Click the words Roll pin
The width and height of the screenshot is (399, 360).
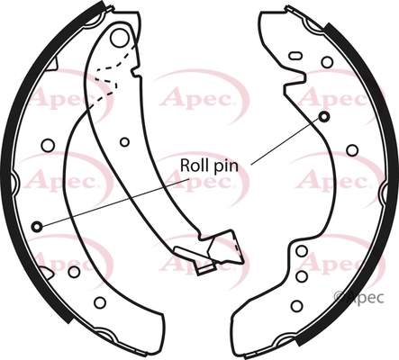(209, 166)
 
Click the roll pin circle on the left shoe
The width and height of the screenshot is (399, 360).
(37, 227)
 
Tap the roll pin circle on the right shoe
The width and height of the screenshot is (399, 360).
(323, 117)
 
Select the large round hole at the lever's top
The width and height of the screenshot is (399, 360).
(119, 38)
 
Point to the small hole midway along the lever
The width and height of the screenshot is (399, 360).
(124, 142)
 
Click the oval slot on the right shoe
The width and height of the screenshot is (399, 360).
(295, 56)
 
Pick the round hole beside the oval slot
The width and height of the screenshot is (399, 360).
(327, 62)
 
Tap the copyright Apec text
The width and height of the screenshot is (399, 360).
(358, 297)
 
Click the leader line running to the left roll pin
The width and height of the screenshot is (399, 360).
(115, 202)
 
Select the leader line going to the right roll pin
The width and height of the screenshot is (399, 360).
(286, 141)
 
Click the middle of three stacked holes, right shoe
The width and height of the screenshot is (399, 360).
(302, 276)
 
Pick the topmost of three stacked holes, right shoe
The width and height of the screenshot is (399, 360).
(302, 251)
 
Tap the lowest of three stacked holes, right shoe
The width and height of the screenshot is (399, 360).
(296, 306)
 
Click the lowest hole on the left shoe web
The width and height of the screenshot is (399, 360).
(100, 302)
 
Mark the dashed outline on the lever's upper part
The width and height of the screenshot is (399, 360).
(115, 75)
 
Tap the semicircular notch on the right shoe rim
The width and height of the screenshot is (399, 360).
(383, 191)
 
